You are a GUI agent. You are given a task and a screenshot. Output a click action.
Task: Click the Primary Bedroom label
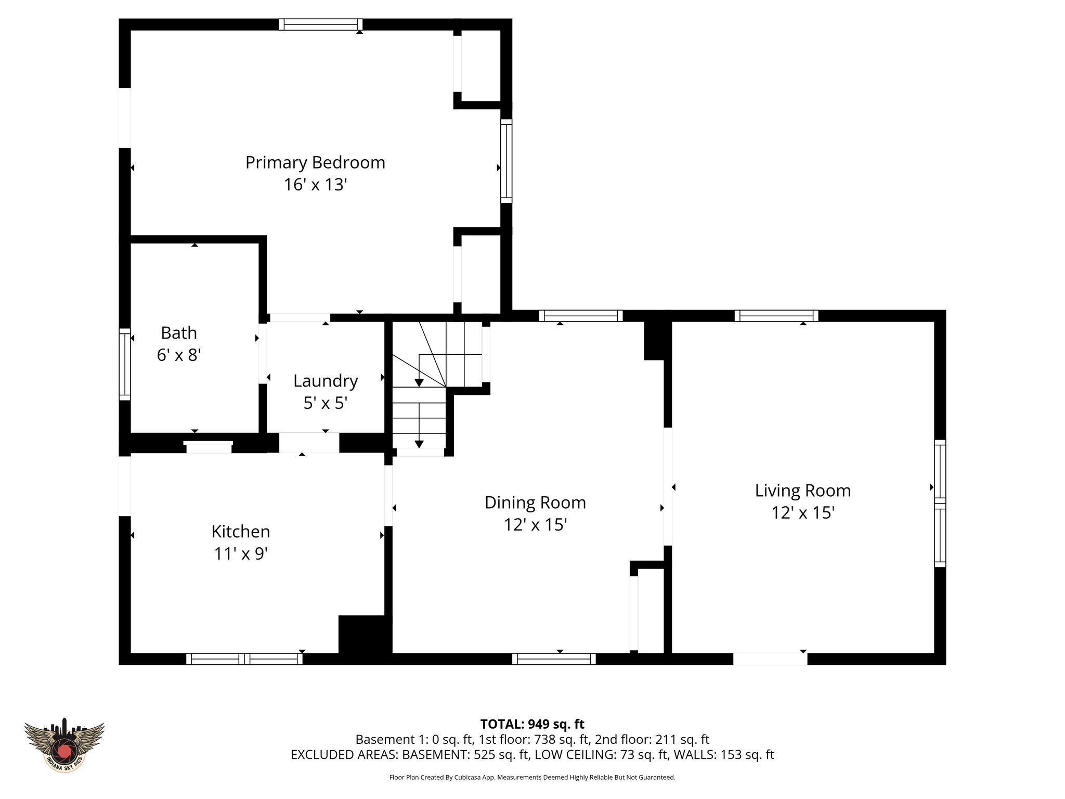[x=315, y=163]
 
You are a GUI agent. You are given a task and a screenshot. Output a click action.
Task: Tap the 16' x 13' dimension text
[x=315, y=185]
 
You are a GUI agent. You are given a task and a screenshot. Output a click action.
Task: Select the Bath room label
[x=179, y=333]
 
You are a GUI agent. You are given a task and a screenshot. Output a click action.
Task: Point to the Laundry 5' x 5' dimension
[x=326, y=403]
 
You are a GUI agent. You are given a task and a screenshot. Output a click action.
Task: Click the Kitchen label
[x=241, y=532]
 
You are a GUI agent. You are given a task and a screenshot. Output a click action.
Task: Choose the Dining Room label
[x=535, y=502]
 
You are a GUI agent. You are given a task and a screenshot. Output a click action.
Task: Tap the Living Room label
[x=803, y=491]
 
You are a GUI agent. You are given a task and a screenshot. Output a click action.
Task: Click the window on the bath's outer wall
[x=125, y=364]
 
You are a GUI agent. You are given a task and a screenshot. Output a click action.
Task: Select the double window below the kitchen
[x=244, y=659]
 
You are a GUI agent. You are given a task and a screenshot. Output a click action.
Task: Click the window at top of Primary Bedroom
[x=320, y=24]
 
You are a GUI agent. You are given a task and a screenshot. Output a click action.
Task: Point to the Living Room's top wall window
[x=776, y=316]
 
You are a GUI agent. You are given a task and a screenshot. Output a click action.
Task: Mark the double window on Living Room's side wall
[x=940, y=503]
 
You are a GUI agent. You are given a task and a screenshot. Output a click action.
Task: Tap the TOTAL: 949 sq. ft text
[x=532, y=724]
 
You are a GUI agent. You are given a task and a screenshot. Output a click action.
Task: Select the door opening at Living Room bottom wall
[x=770, y=659]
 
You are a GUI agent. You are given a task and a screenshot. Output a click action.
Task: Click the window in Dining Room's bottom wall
[x=554, y=659]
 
